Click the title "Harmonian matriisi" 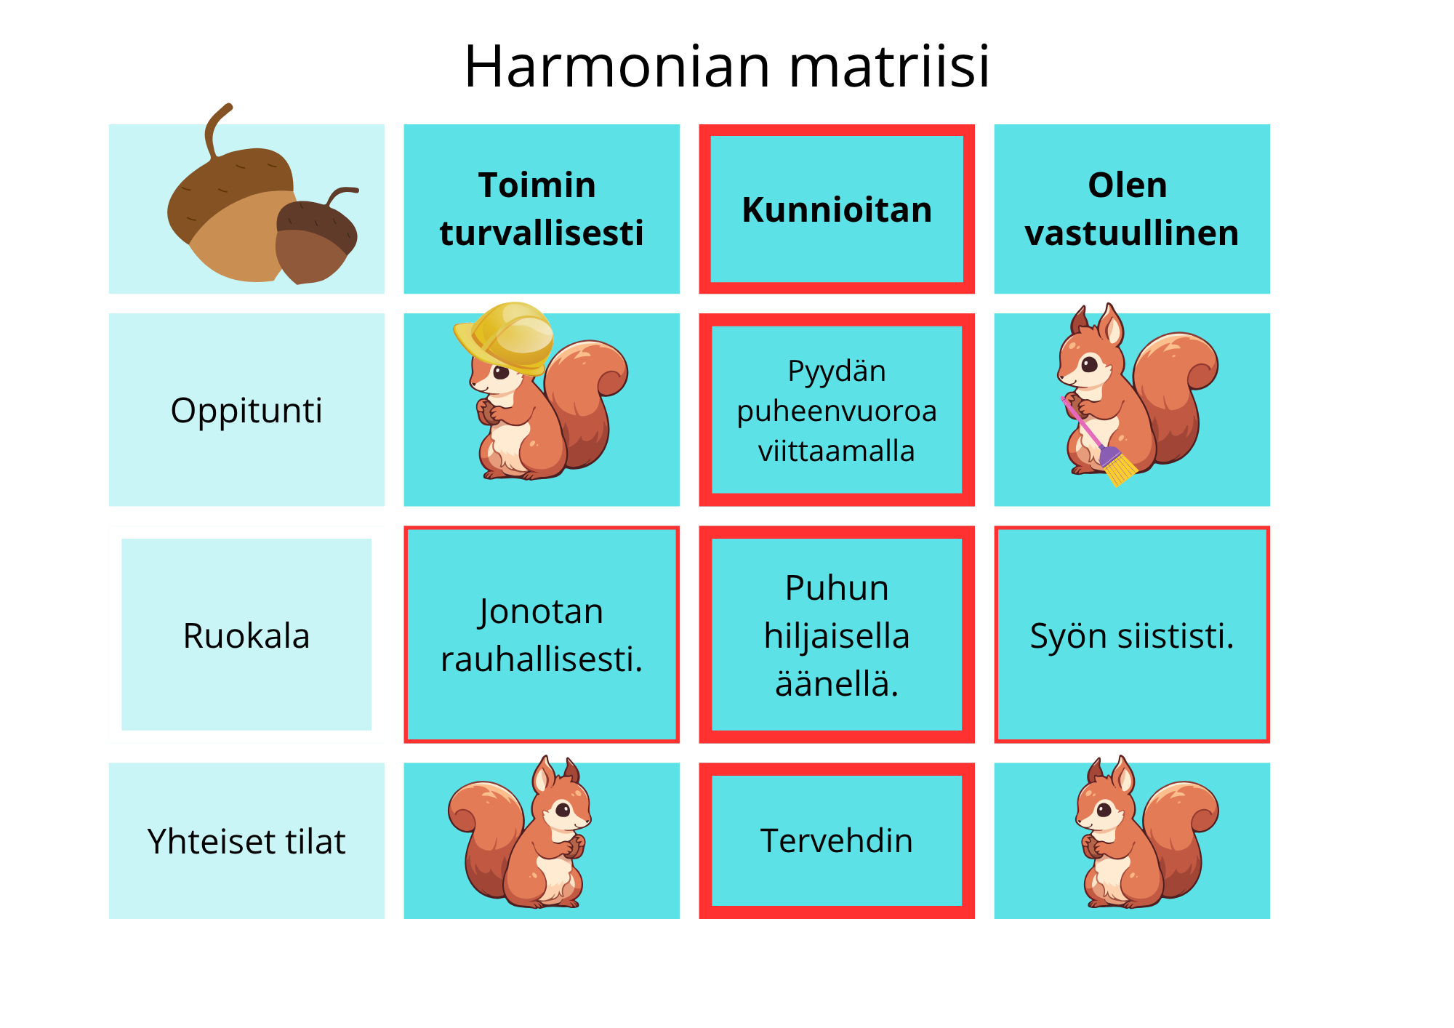(x=727, y=67)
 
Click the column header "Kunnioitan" (x=837, y=209)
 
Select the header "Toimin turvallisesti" (x=542, y=209)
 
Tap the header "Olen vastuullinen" (x=1132, y=209)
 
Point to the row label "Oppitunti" (x=246, y=410)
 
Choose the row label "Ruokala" (x=246, y=635)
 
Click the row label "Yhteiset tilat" (x=246, y=841)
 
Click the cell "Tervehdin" (x=837, y=840)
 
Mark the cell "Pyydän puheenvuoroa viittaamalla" (x=837, y=410)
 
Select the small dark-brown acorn (x=317, y=236)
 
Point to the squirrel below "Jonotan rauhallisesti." (x=520, y=833)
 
